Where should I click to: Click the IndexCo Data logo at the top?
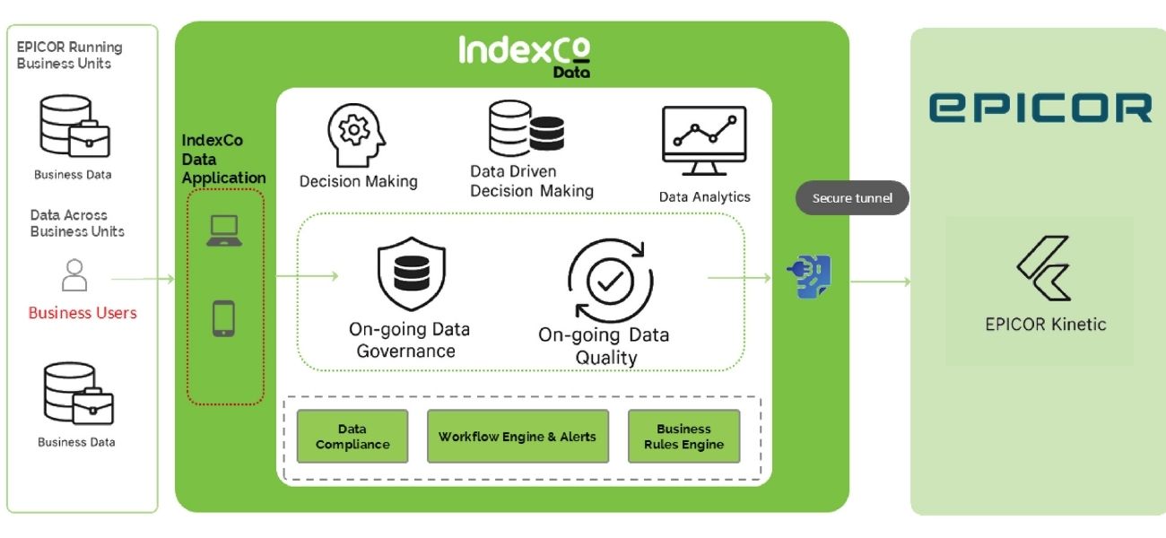(525, 55)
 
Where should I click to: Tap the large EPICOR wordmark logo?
(1040, 108)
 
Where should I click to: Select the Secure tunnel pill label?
(852, 198)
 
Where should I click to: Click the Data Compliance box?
(352, 437)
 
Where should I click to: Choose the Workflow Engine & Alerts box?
(518, 437)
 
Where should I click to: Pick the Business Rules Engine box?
(683, 437)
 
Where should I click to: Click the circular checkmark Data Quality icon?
(609, 281)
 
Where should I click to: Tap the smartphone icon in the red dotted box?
(223, 318)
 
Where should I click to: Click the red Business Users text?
(83, 313)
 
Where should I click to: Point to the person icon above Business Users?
(74, 274)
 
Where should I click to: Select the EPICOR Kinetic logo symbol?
(1044, 268)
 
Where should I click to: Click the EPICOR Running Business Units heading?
(70, 55)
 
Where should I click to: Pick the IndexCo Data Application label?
(223, 160)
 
